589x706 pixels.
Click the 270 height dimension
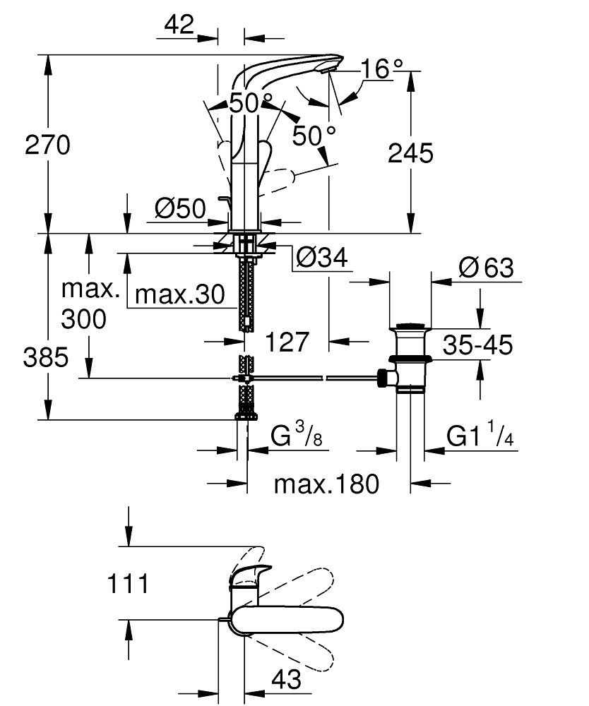click(x=48, y=146)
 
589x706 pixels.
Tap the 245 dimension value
click(x=410, y=153)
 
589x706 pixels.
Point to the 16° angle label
click(x=381, y=69)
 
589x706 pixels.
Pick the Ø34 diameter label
click(x=322, y=259)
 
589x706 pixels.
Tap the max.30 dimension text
click(x=179, y=294)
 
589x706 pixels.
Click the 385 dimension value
click(x=46, y=358)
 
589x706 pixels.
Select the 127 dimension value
click(x=287, y=342)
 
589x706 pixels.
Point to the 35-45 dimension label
click(x=478, y=345)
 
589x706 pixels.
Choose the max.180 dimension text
click(x=327, y=484)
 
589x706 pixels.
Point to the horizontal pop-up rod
click(x=318, y=379)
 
